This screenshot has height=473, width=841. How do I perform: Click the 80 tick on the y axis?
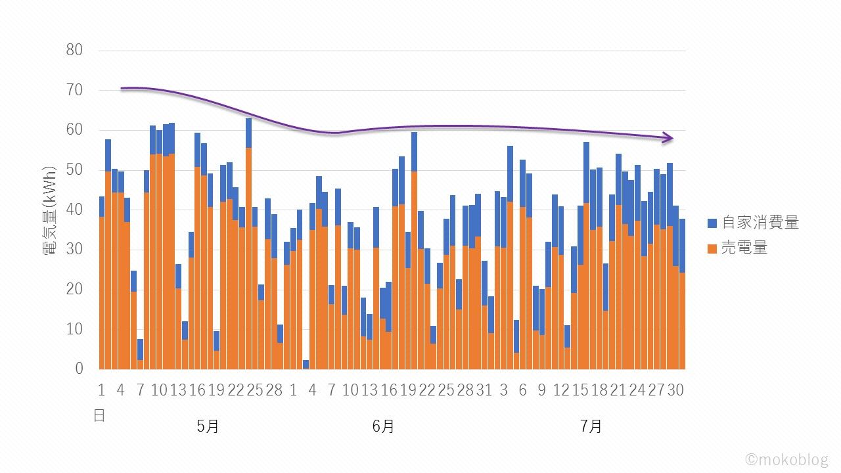74,50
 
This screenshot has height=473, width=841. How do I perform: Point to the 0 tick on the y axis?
79,369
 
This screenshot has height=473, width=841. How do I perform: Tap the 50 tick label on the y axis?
74,169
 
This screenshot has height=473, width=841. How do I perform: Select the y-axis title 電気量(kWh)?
51,210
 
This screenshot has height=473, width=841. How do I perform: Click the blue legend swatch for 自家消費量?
713,223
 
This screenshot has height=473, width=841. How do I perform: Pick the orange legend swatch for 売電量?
713,248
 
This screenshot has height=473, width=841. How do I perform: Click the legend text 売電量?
744,248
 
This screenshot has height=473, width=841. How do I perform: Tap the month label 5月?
208,426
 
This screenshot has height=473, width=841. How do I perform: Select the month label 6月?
383,426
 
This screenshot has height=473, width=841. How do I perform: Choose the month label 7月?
591,426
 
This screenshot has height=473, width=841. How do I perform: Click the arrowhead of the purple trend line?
670,138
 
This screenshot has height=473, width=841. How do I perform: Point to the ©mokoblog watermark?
786,460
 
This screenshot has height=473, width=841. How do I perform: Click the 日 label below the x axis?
99,415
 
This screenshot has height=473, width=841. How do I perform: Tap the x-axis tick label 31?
484,390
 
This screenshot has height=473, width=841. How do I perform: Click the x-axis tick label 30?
675,390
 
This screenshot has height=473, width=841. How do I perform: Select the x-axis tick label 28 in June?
465,390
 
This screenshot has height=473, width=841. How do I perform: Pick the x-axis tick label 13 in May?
178,390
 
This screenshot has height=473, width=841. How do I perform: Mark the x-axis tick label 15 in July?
580,390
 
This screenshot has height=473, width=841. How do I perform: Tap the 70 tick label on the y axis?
74,90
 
